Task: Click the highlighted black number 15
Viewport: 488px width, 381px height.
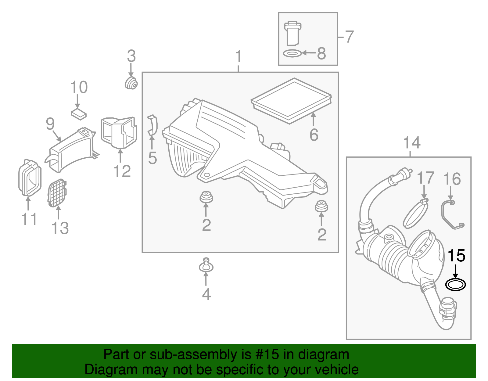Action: pyautogui.click(x=456, y=256)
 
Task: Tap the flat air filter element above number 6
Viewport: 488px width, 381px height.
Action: pyautogui.click(x=291, y=101)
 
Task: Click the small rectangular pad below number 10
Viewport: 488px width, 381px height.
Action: pyautogui.click(x=79, y=114)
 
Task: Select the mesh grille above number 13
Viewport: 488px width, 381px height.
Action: pyautogui.click(x=57, y=193)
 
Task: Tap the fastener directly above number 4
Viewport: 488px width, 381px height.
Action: pyautogui.click(x=206, y=265)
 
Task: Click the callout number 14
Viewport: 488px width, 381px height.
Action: pyautogui.click(x=412, y=142)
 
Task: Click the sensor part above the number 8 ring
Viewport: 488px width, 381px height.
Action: pyautogui.click(x=292, y=34)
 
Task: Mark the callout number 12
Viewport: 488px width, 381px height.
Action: pyautogui.click(x=122, y=171)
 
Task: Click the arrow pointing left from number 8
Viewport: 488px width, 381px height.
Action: pyautogui.click(x=309, y=53)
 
